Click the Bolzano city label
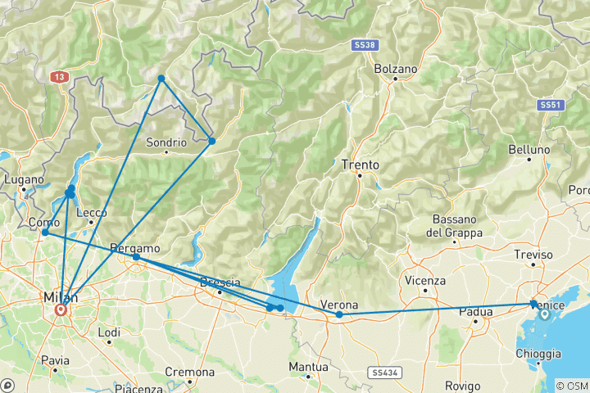(x=396, y=69)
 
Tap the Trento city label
(x=361, y=165)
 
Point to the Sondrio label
(x=166, y=142)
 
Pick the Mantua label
(x=309, y=366)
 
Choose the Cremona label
(x=189, y=372)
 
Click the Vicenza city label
(x=425, y=280)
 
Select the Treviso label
(x=529, y=255)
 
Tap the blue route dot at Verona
(x=339, y=314)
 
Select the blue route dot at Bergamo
(x=136, y=258)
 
